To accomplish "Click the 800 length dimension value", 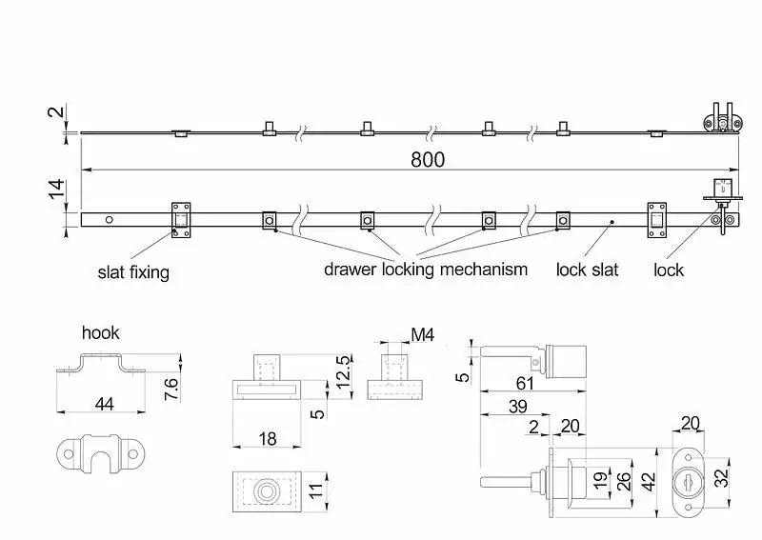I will tap(428, 160).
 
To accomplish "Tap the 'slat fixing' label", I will tap(133, 272).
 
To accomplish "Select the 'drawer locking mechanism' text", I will tap(425, 270).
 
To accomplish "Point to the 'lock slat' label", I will tap(587, 270).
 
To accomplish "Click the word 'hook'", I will tap(101, 333).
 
